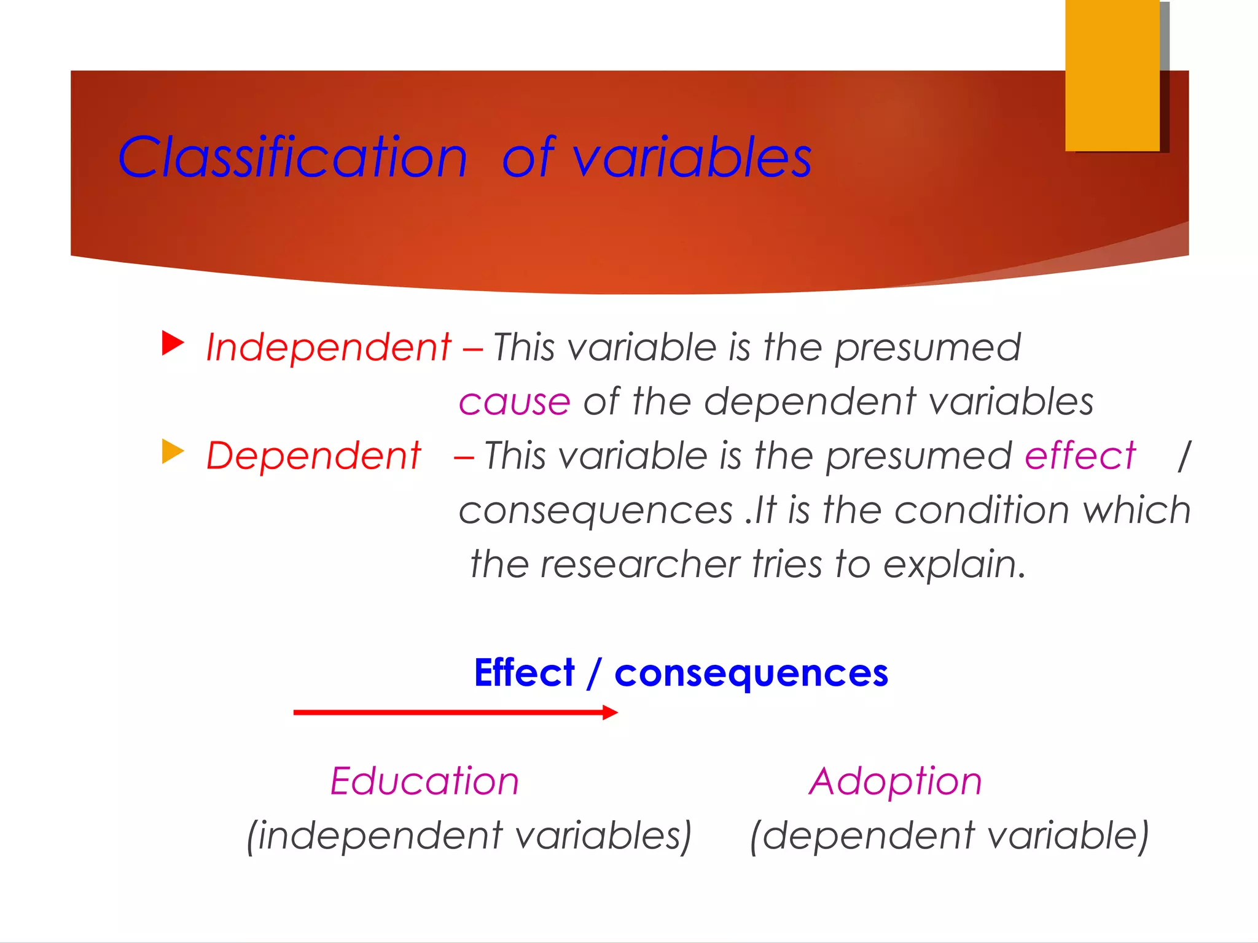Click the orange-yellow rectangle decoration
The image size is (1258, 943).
[1112, 75]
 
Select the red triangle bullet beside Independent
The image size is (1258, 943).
[173, 343]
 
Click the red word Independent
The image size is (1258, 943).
[329, 347]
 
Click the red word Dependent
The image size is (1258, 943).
[313, 456]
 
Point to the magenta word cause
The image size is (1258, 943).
[515, 403]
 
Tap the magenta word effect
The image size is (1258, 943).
[1080, 456]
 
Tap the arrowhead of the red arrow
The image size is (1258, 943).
[610, 712]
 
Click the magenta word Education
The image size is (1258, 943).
[424, 782]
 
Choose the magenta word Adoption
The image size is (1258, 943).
[895, 782]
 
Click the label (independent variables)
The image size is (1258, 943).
[469, 836]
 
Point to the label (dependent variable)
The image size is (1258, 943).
[949, 836]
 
